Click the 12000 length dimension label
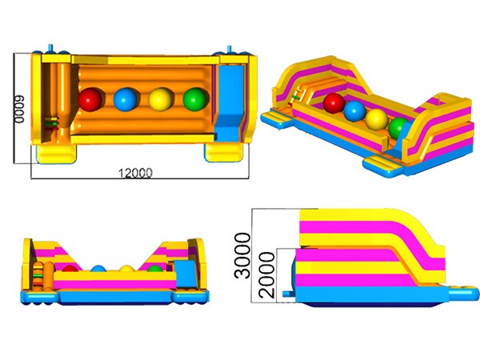(x=135, y=173)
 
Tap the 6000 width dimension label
(x=19, y=109)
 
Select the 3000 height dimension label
(x=242, y=255)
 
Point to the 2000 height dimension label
(x=266, y=275)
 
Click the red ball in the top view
(x=90, y=99)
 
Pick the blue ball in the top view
(x=125, y=99)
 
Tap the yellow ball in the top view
(x=161, y=99)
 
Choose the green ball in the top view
(x=195, y=99)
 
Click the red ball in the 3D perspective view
(x=334, y=103)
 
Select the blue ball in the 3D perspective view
(x=354, y=111)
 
